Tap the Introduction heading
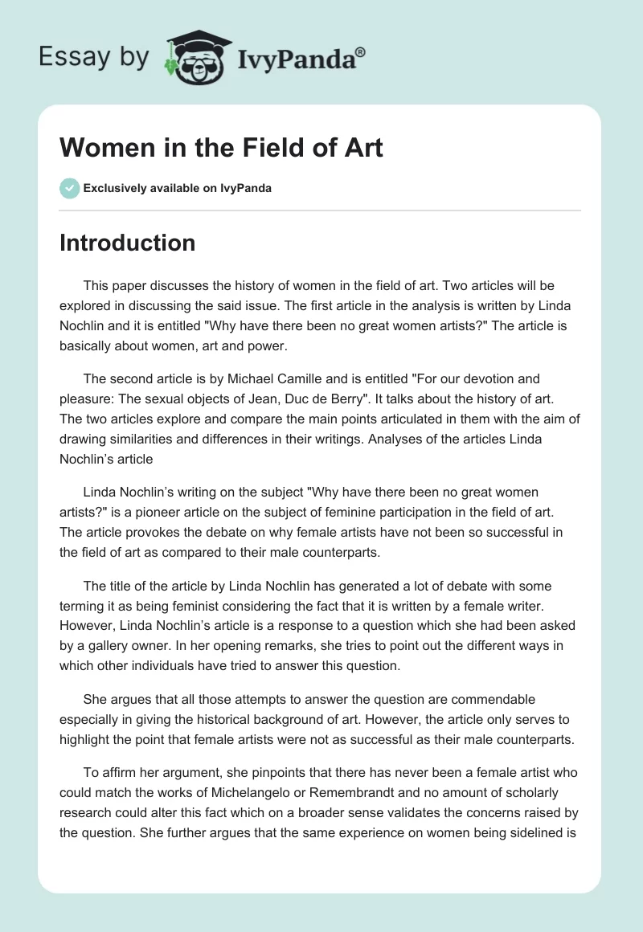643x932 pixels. tap(127, 243)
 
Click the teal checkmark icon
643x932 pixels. tap(69, 188)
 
